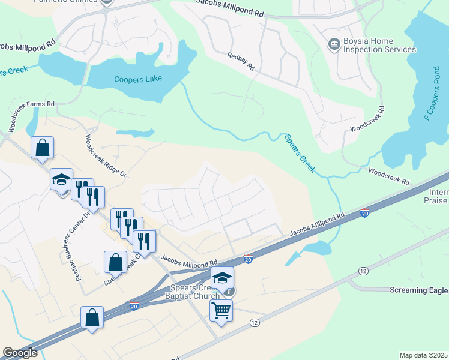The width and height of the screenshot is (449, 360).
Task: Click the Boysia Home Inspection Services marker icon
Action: click(x=333, y=44)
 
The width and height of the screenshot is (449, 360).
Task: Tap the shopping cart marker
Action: click(x=221, y=311)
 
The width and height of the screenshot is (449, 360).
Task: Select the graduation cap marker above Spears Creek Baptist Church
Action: click(x=221, y=278)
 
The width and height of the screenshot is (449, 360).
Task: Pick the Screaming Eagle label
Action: click(x=419, y=290)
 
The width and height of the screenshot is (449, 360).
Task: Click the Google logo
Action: click(x=20, y=353)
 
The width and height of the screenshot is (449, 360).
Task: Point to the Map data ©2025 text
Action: click(x=423, y=355)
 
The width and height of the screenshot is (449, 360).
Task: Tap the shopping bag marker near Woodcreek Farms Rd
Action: click(x=42, y=148)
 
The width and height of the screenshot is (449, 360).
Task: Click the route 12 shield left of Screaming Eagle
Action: click(x=363, y=271)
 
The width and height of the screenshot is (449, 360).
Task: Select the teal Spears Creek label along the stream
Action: click(x=299, y=154)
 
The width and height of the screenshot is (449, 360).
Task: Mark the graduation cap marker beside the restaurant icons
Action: click(x=61, y=179)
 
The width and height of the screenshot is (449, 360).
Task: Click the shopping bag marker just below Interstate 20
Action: click(x=92, y=317)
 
